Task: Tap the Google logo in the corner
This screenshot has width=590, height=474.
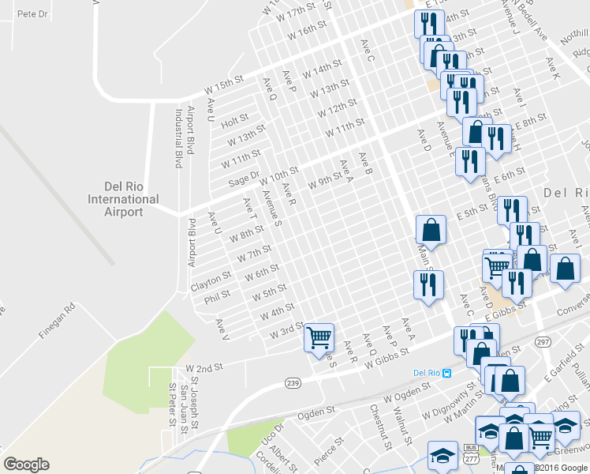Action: [x=26, y=465]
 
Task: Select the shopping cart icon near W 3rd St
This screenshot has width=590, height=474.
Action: [x=319, y=337]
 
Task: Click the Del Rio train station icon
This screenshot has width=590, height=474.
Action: [x=446, y=373]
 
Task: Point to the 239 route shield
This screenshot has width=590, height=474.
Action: [x=293, y=383]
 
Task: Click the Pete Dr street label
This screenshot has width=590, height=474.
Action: [x=32, y=14]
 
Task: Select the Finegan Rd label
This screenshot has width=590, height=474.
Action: [x=56, y=319]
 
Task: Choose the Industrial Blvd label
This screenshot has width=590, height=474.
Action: [x=177, y=138]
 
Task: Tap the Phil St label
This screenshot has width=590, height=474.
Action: [x=217, y=296]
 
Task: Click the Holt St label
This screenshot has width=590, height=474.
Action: [x=235, y=122]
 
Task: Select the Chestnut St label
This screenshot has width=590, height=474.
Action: [x=380, y=427]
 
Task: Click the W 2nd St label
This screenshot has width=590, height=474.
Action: [x=204, y=369]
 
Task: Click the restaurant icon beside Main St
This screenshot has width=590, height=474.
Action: [x=428, y=284]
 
